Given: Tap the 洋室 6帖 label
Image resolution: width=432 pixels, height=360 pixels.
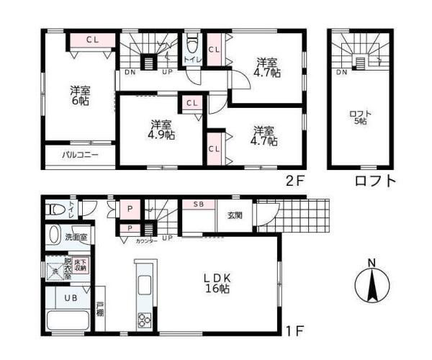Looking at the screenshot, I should click(x=80, y=96).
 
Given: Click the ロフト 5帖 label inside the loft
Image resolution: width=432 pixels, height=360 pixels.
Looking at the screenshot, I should click(x=358, y=117).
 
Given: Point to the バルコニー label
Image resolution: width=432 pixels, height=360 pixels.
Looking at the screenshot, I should click(x=79, y=155).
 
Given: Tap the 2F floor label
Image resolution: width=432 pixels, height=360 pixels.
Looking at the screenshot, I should click(x=296, y=181).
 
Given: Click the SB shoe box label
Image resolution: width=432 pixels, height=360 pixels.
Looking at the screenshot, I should click(x=199, y=204).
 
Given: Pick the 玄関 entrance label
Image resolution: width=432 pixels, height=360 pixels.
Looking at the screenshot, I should click(x=235, y=215).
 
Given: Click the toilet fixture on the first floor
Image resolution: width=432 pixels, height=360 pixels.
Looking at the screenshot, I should click(x=55, y=210).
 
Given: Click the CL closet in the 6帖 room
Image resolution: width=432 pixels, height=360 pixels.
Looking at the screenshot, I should click(x=93, y=40).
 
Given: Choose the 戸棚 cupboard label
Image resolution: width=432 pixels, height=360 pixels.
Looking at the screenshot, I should click(x=100, y=313).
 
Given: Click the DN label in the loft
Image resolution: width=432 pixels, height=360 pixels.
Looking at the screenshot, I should click(x=341, y=71).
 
